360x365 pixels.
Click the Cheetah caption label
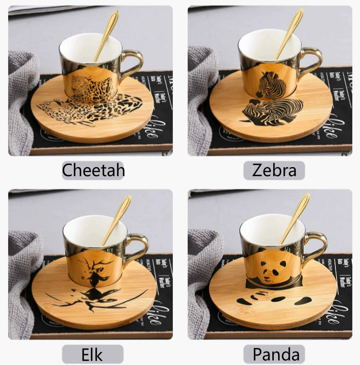(93, 170)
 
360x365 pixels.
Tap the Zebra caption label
(274, 170)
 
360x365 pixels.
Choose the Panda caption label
(274, 354)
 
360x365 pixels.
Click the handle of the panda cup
(318, 246)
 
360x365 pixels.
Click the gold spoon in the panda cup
(297, 216)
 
